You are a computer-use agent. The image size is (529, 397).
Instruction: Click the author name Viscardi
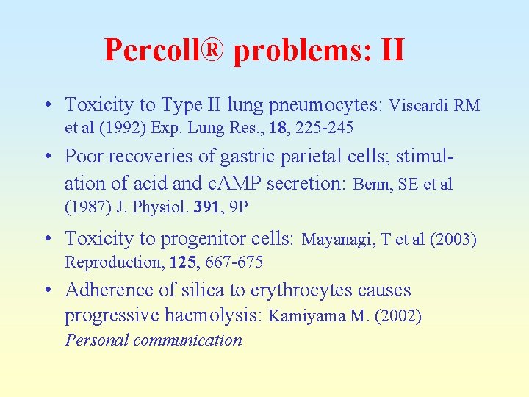click(420, 106)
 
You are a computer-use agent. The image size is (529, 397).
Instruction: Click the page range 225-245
click(324, 128)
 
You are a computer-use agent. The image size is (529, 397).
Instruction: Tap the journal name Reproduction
click(110, 262)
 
